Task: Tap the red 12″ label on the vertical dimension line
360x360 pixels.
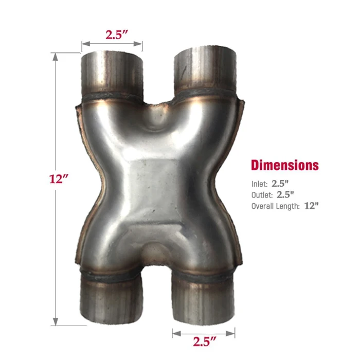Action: pos(59,180)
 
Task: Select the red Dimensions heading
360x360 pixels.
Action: pos(284,165)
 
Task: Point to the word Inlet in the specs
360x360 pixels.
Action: pos(259,183)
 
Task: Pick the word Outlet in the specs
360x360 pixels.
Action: pos(262,194)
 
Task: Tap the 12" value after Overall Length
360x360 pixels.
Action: pos(311,206)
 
